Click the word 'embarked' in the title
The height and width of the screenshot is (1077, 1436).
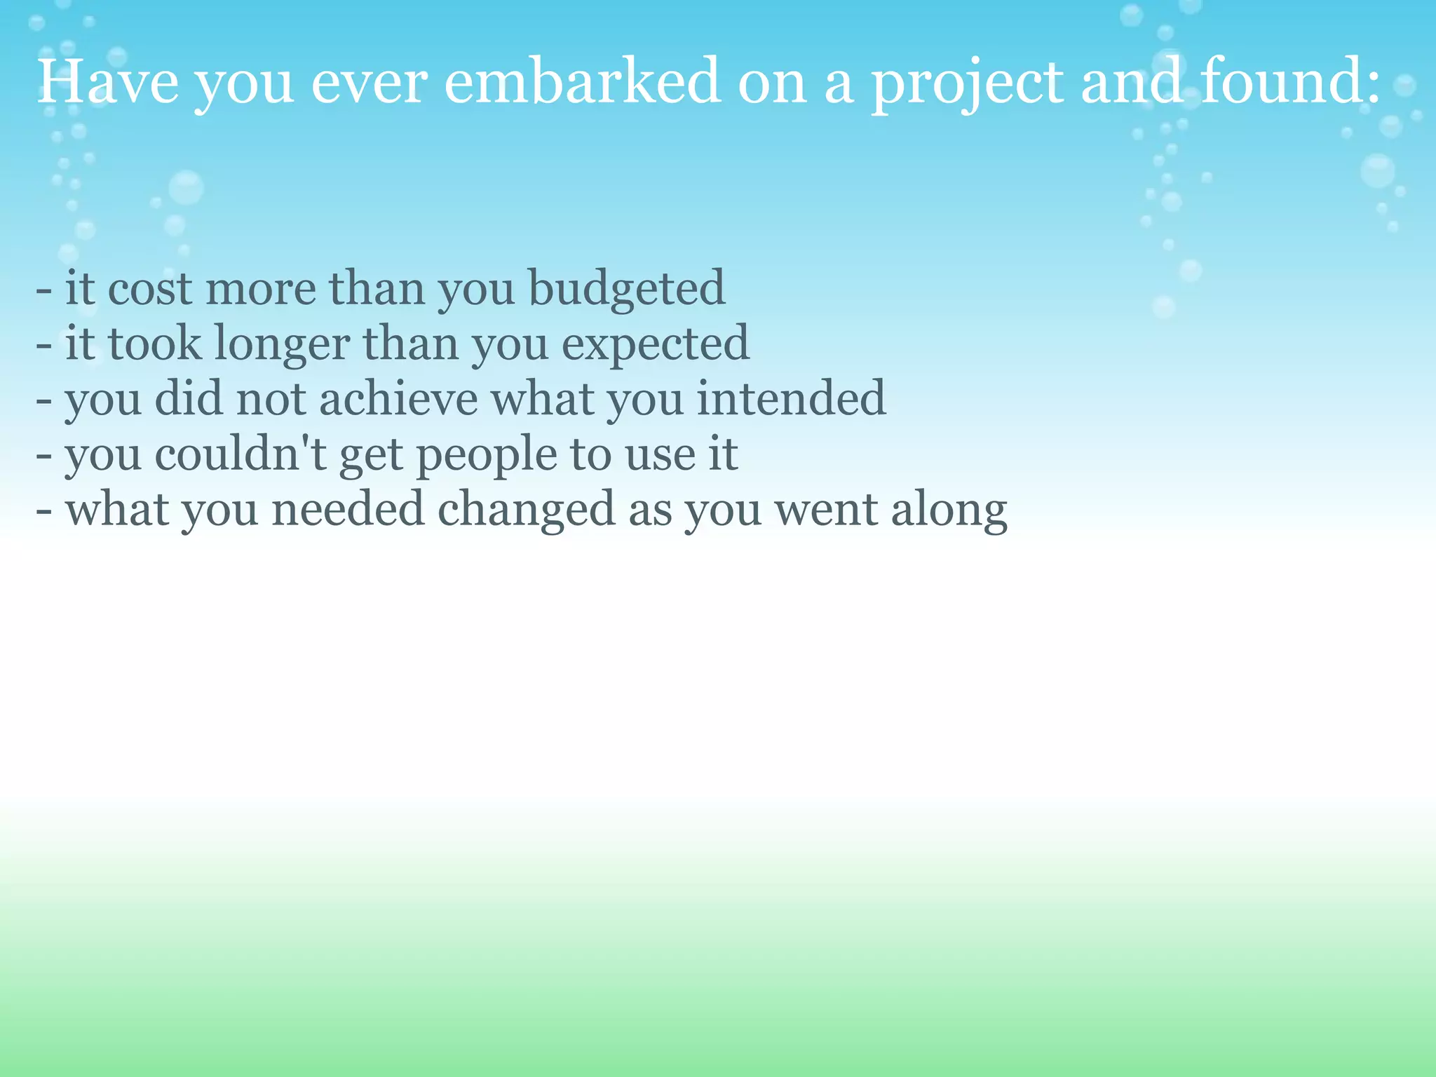point(582,82)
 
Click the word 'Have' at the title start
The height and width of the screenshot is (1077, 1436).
point(107,82)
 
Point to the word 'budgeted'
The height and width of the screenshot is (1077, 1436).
point(626,289)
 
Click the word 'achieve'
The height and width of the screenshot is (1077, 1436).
point(398,399)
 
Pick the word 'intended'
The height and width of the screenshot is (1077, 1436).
point(791,399)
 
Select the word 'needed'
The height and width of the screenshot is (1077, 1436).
point(348,510)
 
